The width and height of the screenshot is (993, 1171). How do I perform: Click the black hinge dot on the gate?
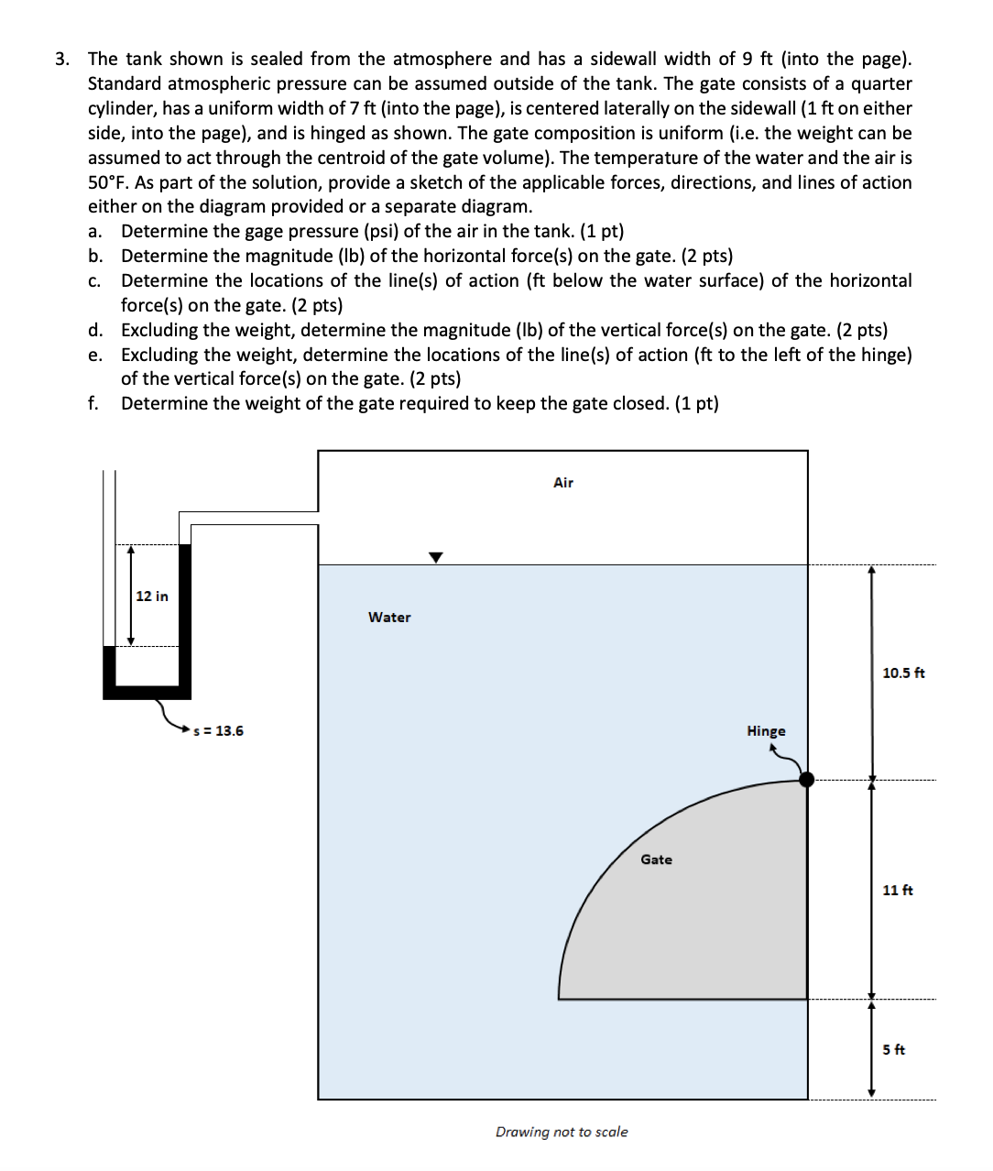coord(806,780)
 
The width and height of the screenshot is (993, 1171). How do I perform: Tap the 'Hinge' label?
coord(766,731)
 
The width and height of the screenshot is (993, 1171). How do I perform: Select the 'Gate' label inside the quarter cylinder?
coord(656,859)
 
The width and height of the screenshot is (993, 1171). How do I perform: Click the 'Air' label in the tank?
coord(563,483)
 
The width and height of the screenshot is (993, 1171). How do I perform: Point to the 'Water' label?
coord(389,618)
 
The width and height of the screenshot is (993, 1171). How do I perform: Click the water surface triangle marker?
coord(436,557)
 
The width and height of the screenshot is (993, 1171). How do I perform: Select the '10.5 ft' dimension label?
coord(903,673)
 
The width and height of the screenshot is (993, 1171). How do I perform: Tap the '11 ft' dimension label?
coord(898,891)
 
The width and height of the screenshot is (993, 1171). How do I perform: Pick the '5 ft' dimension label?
coord(893,1050)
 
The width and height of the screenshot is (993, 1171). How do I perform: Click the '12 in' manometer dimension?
coord(152,596)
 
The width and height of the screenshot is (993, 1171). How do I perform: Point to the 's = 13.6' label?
coord(219,731)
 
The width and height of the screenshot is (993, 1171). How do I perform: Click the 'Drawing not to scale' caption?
coord(562,1133)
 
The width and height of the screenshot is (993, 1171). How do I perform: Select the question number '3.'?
coord(61,60)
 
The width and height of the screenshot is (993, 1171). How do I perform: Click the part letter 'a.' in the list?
coord(95,232)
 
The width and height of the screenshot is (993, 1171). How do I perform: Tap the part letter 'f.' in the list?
coord(93,404)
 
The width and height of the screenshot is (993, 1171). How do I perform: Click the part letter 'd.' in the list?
coord(95,331)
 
